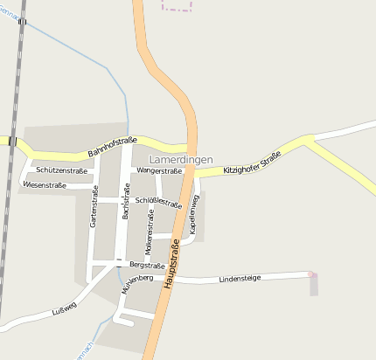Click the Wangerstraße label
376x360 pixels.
pos(158,171)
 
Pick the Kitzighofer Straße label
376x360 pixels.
pos(252,160)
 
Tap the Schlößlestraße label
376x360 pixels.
pos(159,203)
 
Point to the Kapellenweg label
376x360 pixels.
pos(194,213)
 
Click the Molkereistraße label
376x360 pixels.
pos(148,232)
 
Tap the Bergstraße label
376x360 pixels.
pos(147,265)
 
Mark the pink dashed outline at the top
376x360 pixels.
pos(178,6)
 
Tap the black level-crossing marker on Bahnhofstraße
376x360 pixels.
pos(13,140)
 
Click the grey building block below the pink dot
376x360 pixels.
pos(314,287)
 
